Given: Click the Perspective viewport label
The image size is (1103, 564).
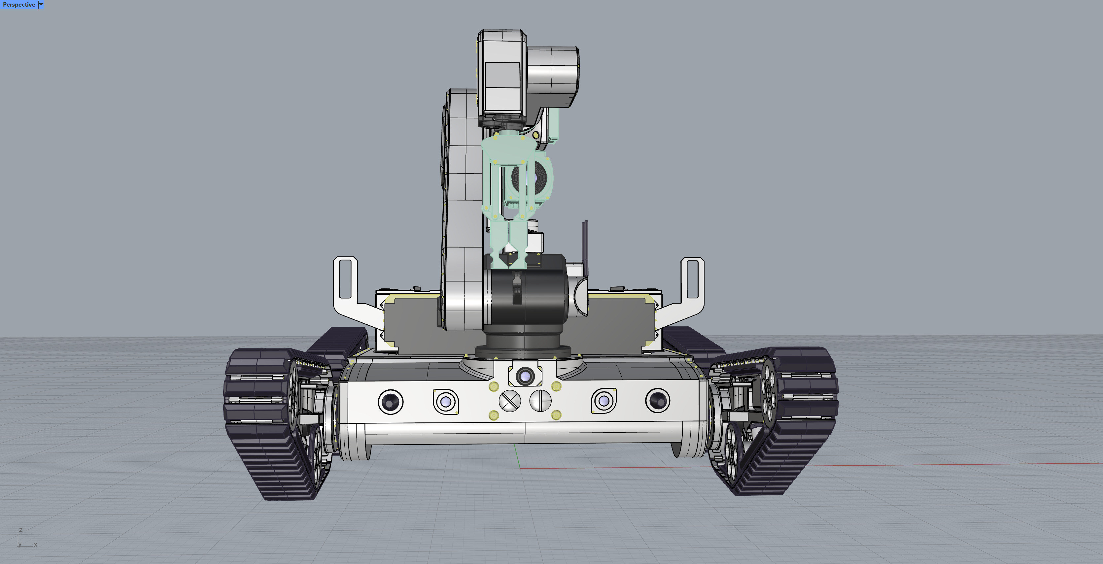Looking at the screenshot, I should [19, 5].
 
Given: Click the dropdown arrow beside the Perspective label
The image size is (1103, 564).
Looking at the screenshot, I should [41, 5].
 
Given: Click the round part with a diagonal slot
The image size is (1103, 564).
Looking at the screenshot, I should [509, 401].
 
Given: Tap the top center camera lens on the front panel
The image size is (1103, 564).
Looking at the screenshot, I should [525, 377].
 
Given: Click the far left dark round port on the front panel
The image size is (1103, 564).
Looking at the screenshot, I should [390, 402].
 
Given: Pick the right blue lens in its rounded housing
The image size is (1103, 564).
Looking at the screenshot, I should [604, 401].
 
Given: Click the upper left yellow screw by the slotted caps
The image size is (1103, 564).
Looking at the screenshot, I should [494, 387].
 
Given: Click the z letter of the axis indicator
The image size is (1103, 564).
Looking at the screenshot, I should [20, 530].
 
